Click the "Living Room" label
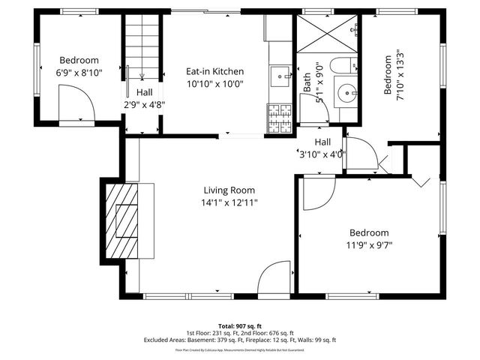click(229, 190)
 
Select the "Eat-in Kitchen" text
click(215, 71)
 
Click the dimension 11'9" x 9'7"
click(368, 244)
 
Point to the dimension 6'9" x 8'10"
click(79, 72)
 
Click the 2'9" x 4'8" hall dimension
click(145, 104)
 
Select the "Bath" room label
click(307, 82)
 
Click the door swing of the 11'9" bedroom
click(317, 193)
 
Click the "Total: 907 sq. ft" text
click(240, 325)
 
